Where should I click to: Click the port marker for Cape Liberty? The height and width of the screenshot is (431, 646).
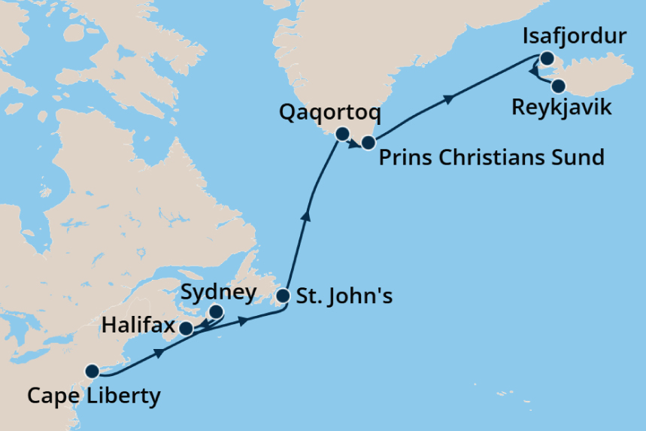coord(92,370)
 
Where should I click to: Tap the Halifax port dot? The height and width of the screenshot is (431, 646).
coord(186,327)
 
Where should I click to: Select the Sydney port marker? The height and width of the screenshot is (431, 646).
coord(216,311)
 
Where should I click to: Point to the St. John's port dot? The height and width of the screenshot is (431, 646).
coord(283,296)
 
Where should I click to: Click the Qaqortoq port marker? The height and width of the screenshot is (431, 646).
coord(342,135)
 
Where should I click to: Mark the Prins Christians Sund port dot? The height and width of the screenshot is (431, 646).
coord(368,142)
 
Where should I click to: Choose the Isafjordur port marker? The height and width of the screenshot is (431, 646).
coord(547,58)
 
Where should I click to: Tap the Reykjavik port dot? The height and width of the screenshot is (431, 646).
coord(557,85)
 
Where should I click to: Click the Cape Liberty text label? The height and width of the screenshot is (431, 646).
coord(93,396)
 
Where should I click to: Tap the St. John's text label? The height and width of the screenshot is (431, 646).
coord(344,296)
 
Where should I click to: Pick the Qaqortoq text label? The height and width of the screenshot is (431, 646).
coord(329,114)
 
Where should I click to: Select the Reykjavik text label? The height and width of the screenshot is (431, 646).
coord(561,108)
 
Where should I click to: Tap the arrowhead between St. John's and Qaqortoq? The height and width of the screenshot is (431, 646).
coord(305,217)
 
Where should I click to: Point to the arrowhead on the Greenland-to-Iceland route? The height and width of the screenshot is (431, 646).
coord(450,99)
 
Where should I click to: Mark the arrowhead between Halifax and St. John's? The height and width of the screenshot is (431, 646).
coord(242,321)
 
